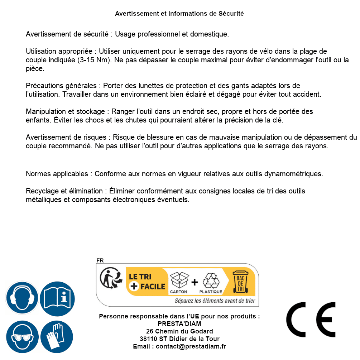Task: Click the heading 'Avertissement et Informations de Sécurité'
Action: [x=179, y=14]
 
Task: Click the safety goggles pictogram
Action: [x=22, y=337]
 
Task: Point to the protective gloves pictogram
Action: [x=57, y=337]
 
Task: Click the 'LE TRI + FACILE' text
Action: [x=147, y=282]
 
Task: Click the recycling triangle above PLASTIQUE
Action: [x=211, y=280]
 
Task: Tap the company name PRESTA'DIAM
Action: [x=179, y=324]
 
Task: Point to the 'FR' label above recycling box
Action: [x=100, y=260]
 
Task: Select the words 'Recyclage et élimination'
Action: [x=64, y=191]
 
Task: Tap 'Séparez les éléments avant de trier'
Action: [x=215, y=301]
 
